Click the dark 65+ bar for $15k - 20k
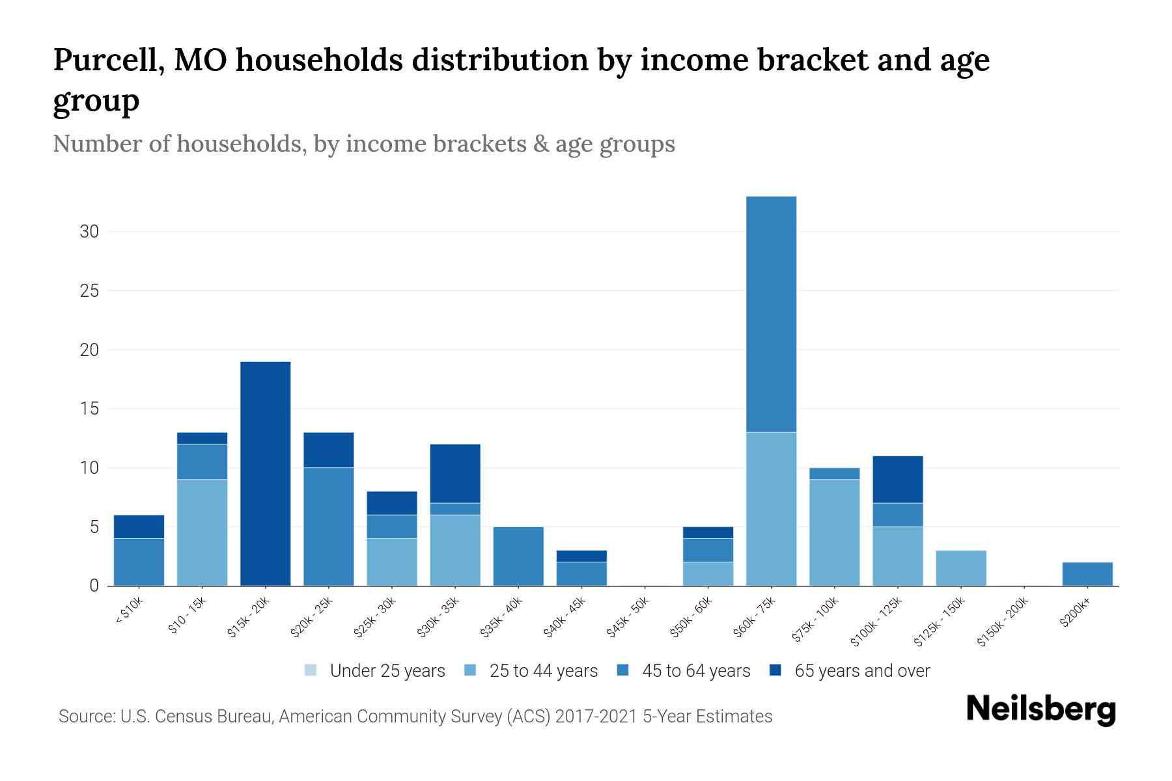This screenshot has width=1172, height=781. pyautogui.click(x=265, y=473)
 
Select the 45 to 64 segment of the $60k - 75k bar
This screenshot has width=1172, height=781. pyautogui.click(x=771, y=314)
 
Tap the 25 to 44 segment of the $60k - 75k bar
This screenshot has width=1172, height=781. pyautogui.click(x=771, y=509)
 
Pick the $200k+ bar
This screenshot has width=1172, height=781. pyautogui.click(x=1087, y=574)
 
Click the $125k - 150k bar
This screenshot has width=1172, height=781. pyautogui.click(x=960, y=568)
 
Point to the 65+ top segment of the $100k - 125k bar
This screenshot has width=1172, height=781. pyautogui.click(x=897, y=479)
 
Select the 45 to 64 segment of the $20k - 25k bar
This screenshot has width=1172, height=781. pyautogui.click(x=328, y=527)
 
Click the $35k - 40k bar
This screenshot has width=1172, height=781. pyautogui.click(x=518, y=556)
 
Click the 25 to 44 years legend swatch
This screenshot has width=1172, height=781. pyautogui.click(x=470, y=670)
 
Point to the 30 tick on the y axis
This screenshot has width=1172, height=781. pyautogui.click(x=89, y=232)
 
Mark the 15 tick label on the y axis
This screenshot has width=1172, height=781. pyautogui.click(x=89, y=409)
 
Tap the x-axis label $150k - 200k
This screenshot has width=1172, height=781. pyautogui.click(x=1003, y=622)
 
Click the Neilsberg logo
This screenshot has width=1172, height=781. pyautogui.click(x=1040, y=709)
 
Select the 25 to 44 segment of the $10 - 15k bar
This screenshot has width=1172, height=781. pyautogui.click(x=202, y=532)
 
